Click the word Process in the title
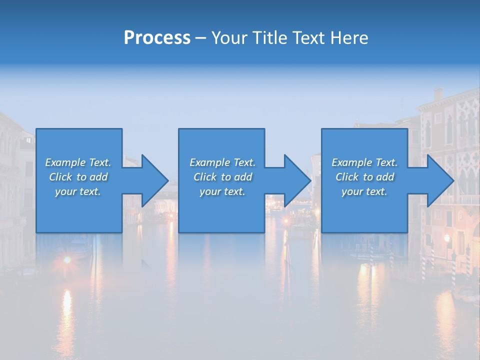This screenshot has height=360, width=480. click(157, 38)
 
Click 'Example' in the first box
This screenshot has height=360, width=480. click(65, 162)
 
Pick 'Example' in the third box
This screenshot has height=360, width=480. click(351, 162)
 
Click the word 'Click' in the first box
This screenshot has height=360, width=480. click(60, 177)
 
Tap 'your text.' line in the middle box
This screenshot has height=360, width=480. click(222, 191)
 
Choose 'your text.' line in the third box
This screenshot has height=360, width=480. click(364, 191)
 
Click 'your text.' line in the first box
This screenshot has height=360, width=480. click(77, 191)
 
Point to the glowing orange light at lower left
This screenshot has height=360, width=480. click(66, 260)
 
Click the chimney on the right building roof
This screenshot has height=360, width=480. click(438, 94)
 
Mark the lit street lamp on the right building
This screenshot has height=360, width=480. click(446, 238)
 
